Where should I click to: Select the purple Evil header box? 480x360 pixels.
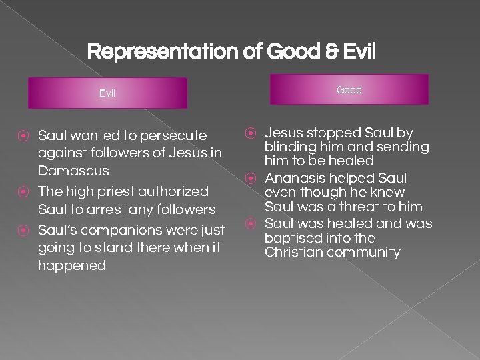coord(107,93)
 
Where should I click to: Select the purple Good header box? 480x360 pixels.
coord(349,89)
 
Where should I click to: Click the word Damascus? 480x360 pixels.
coord(73,171)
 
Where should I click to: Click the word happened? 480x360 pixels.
coord(72,265)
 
